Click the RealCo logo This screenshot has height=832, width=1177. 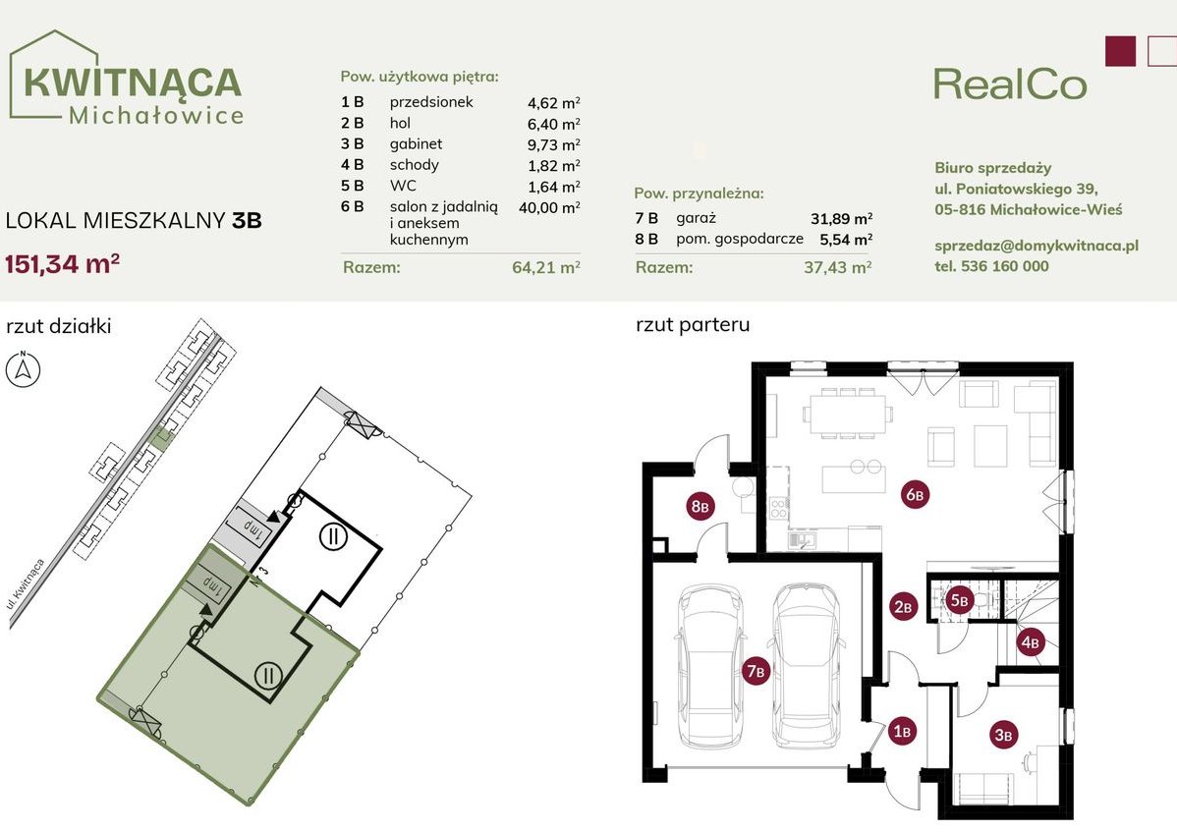pos(1010,83)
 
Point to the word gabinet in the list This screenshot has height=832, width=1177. pos(415,143)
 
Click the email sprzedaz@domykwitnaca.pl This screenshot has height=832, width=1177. pos(1037,246)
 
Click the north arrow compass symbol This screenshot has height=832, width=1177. pos(23,370)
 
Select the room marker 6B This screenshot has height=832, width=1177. pos(914,495)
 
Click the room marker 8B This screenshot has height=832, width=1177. pos(700,507)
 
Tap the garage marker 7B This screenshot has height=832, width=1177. pos(756,671)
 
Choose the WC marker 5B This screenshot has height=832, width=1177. pos(960,599)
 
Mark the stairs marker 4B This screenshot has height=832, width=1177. pos(1030,643)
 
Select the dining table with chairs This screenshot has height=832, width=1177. pos(843,412)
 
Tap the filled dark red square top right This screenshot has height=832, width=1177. pos(1120,51)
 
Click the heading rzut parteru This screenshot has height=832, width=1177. pos(693,325)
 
